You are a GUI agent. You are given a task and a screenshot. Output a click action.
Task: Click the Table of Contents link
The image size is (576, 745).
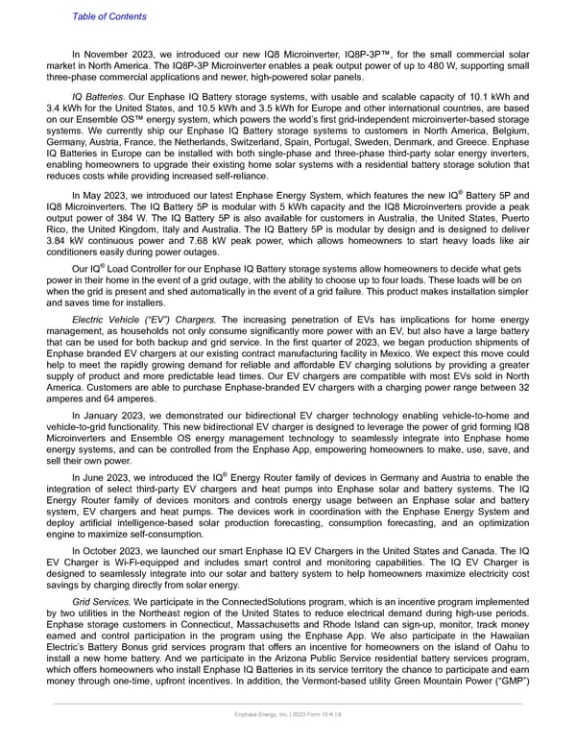(x=109, y=16)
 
